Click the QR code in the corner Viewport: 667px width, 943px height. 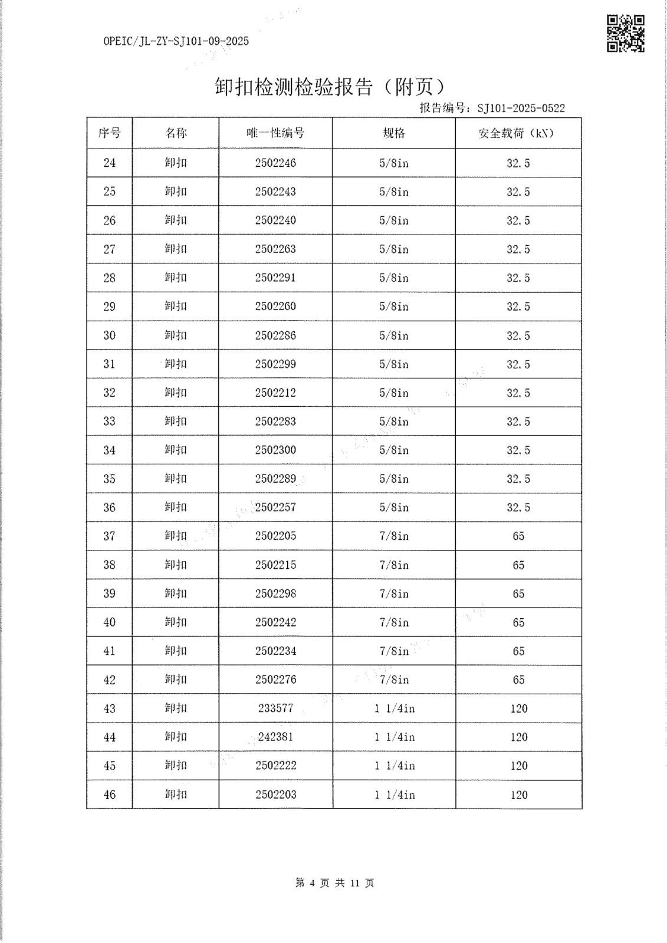point(626,34)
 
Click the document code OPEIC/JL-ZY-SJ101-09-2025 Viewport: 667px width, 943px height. point(176,41)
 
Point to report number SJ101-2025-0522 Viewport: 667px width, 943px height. point(521,108)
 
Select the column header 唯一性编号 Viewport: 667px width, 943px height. point(275,133)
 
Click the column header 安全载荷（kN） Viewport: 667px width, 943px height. point(518,133)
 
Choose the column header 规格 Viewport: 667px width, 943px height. point(394,133)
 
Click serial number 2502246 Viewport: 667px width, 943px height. point(275,163)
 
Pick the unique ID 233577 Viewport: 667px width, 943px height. point(275,708)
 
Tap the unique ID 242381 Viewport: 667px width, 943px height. point(275,737)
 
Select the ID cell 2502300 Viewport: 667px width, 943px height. point(275,450)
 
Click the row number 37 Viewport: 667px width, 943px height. point(110,536)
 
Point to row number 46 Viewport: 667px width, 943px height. point(110,794)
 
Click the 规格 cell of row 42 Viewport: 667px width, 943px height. point(394,680)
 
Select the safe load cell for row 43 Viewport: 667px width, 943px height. point(518,708)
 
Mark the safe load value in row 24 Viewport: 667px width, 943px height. point(518,163)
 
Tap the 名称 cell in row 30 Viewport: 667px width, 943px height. point(176,335)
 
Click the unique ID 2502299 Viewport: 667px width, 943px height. point(275,364)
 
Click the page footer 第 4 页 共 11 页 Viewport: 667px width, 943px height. point(334,883)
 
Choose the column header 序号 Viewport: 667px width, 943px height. point(110,133)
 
